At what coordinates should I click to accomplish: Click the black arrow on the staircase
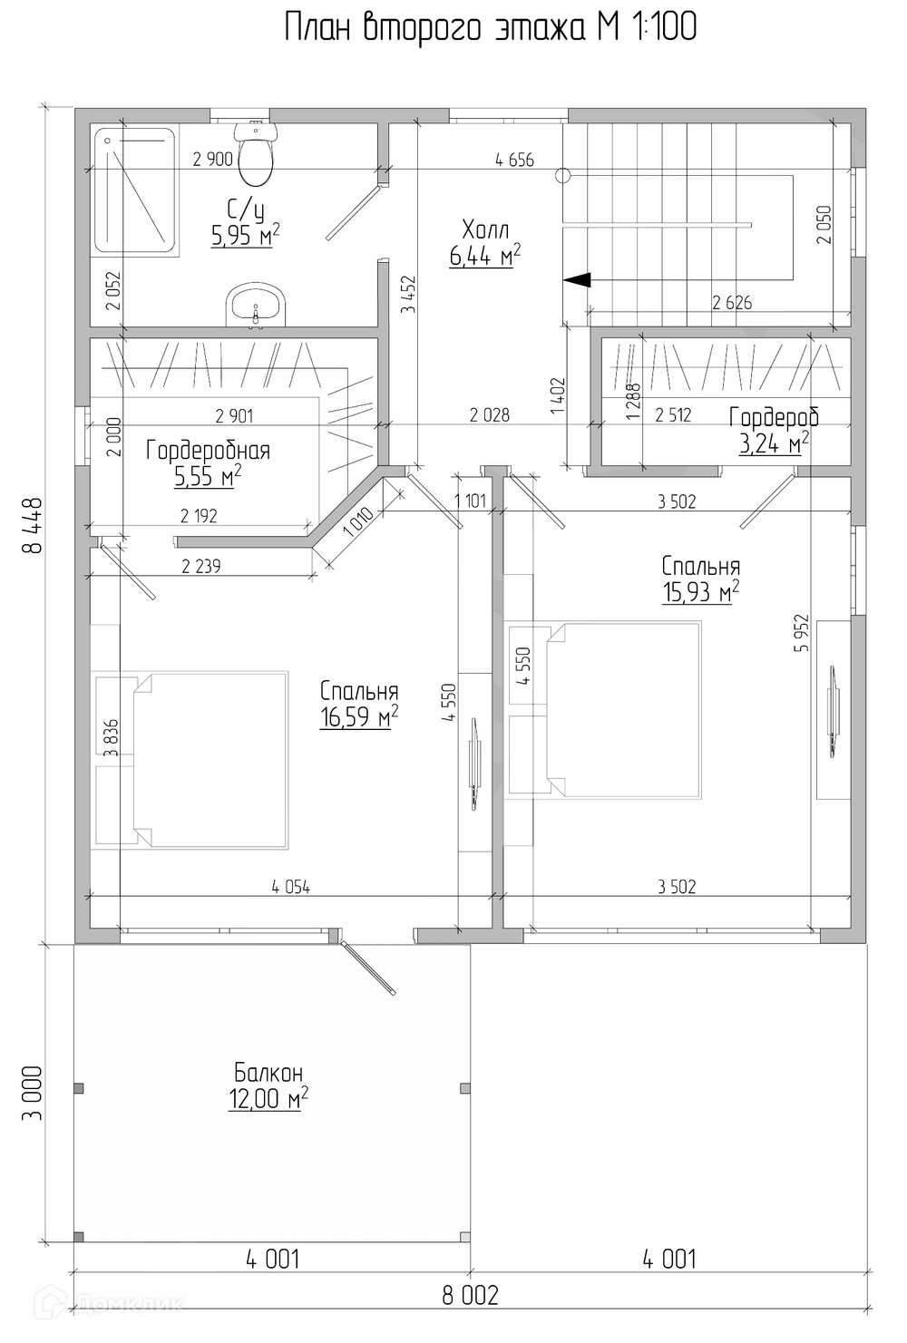(577, 280)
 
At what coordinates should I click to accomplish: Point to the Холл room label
(485, 230)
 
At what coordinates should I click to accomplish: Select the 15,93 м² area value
(700, 591)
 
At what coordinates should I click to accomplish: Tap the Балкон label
(268, 1072)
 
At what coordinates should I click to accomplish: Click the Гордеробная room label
(208, 451)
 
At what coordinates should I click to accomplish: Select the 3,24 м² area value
(774, 444)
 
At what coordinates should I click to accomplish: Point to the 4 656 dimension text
(514, 161)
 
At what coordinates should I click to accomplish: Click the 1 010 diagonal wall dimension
(359, 523)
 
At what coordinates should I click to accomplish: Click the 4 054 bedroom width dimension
(291, 887)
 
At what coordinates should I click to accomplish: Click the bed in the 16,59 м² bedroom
(192, 760)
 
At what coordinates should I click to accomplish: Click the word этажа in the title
(540, 27)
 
